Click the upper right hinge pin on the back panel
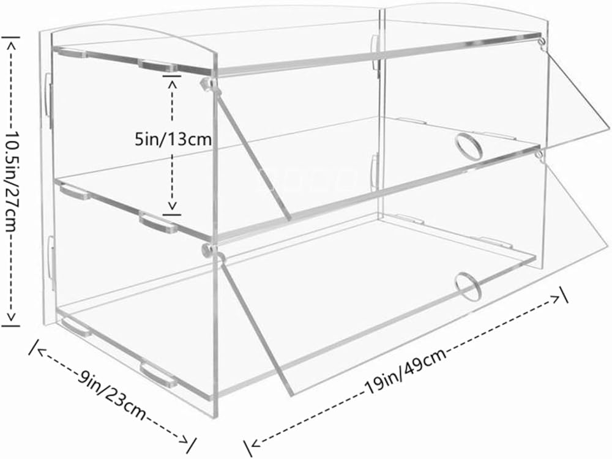pyautogui.click(x=542, y=43)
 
